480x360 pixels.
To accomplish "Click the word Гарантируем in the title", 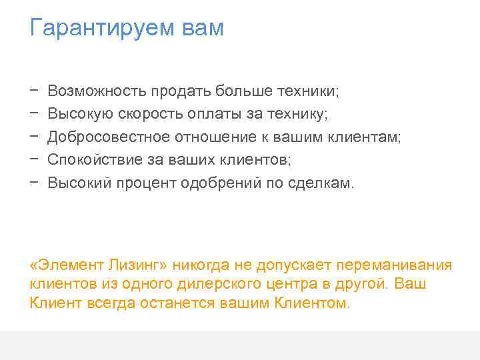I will [91, 29].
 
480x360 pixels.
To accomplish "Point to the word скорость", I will [149, 113].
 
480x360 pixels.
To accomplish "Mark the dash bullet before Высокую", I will [33, 113].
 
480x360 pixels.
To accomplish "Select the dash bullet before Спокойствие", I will [33, 160].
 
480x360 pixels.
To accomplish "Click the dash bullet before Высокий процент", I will [33, 183].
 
